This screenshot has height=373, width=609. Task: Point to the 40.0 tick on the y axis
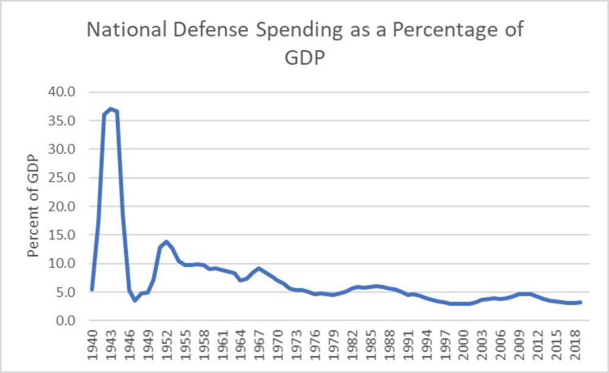click(x=63, y=92)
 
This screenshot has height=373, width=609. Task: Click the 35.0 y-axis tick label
click(x=63, y=120)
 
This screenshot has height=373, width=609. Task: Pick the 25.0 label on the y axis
click(x=63, y=178)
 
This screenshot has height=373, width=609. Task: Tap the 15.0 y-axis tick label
click(x=63, y=235)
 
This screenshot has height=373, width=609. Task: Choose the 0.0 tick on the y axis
click(x=66, y=321)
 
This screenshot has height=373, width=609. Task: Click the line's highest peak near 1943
click(x=110, y=108)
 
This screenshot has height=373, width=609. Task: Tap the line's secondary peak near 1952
click(x=166, y=242)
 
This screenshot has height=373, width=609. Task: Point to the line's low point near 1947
click(x=135, y=301)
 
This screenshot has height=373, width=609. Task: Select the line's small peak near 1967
click(x=259, y=268)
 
